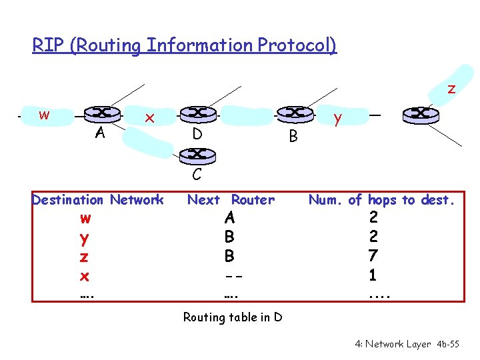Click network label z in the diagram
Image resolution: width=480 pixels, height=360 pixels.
coord(451,88)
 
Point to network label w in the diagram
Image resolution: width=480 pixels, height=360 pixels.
coord(44,114)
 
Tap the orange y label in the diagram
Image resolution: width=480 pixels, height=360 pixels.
coord(338,119)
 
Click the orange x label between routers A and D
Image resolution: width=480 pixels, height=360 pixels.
coord(150,118)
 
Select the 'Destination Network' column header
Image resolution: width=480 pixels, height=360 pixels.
coord(97,199)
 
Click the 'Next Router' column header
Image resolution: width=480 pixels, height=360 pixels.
coord(231,199)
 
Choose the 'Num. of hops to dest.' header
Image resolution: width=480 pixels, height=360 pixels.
coord(381,199)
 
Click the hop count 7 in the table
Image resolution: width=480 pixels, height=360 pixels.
coord(373,255)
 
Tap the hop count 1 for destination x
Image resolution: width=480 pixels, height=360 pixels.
coord(373,274)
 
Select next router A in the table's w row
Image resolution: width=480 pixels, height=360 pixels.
coord(229,217)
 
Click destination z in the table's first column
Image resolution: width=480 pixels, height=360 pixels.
coord(85,257)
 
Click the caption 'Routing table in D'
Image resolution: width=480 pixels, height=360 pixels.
coord(233,317)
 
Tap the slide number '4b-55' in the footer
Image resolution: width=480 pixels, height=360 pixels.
coord(447,344)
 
